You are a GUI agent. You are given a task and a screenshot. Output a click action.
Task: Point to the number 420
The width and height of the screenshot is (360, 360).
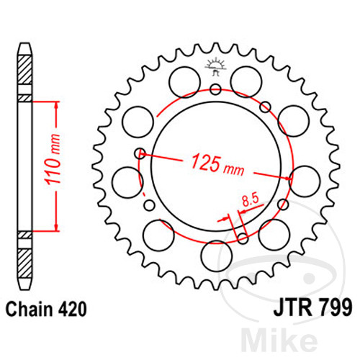click(73, 310)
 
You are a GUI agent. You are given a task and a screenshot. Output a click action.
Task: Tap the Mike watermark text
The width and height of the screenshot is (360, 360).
click(305, 339)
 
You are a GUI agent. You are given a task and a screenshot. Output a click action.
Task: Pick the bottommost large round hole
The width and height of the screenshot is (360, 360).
click(215, 253)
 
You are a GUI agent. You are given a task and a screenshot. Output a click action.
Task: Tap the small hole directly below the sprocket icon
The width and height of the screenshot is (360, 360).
click(215, 89)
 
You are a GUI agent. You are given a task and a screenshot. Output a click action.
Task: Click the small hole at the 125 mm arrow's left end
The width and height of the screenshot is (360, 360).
click(140, 153)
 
